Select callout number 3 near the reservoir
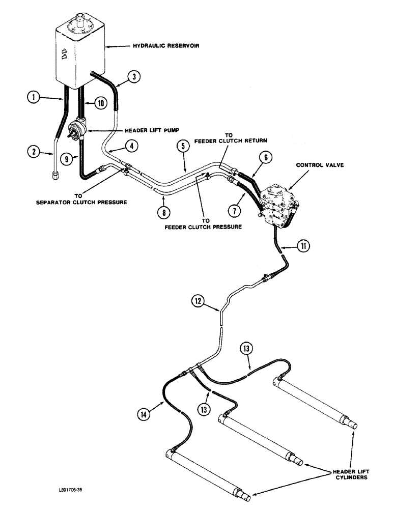tap(133, 77)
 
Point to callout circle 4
tap(131, 147)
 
